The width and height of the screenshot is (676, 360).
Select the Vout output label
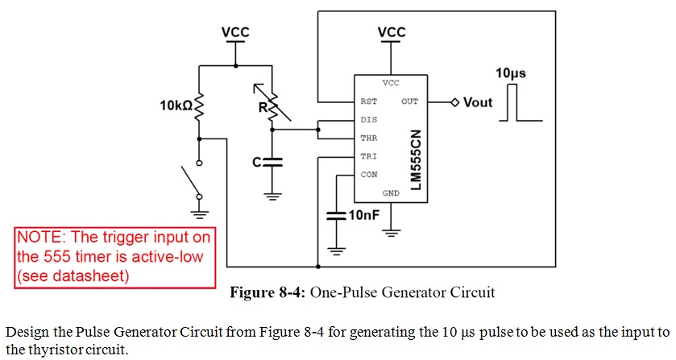click(478, 102)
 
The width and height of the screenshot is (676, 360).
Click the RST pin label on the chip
click(369, 102)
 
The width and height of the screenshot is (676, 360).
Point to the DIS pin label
click(369, 120)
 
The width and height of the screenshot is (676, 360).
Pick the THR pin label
click(369, 139)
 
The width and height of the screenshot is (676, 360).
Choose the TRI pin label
click(369, 156)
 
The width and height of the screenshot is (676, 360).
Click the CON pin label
click(369, 174)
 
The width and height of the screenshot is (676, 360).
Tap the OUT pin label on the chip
click(409, 102)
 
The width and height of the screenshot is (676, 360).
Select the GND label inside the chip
click(391, 193)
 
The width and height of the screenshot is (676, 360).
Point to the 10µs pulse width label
click(511, 73)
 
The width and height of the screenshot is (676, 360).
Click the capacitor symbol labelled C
click(274, 162)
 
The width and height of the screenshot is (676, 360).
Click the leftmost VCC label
click(235, 32)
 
